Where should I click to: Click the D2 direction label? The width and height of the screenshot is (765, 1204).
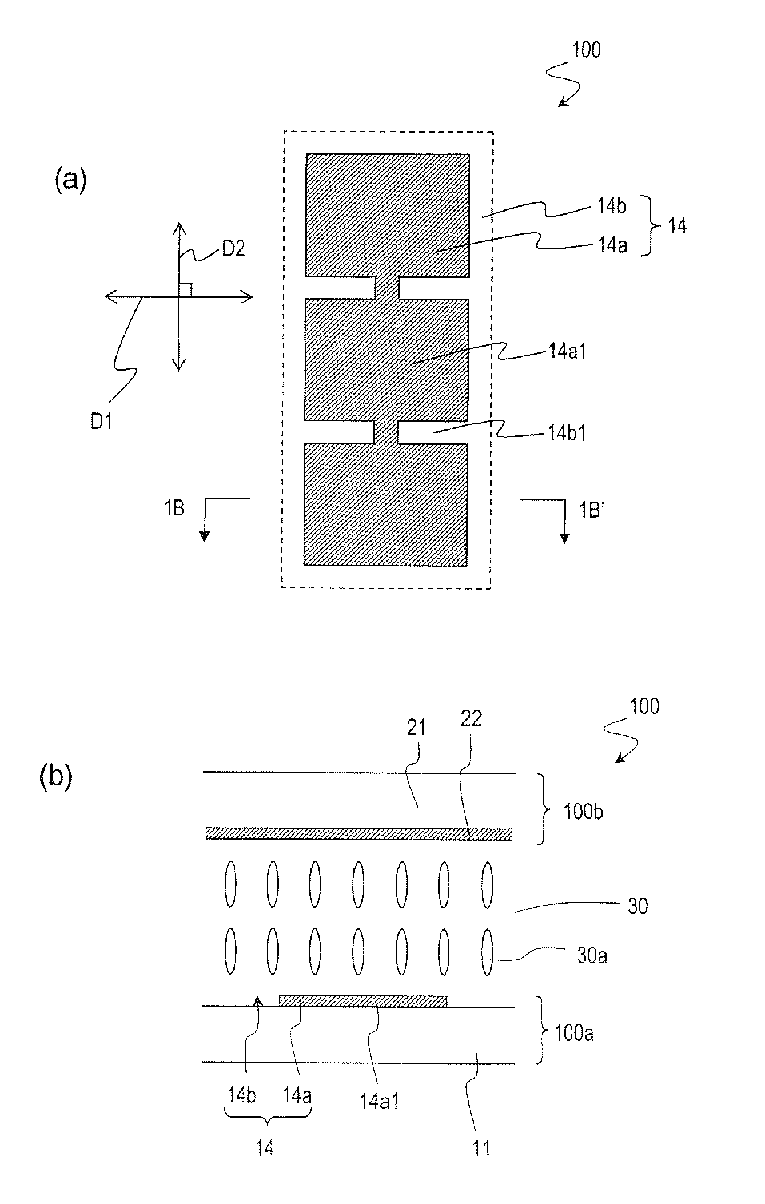click(x=233, y=249)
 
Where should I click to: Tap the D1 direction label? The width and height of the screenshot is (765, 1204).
click(x=101, y=421)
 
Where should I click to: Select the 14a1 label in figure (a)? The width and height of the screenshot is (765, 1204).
click(x=567, y=351)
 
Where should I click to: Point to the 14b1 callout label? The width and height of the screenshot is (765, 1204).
click(x=567, y=433)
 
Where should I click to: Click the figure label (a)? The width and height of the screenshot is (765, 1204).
click(x=70, y=180)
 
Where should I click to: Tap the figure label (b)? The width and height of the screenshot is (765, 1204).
click(x=56, y=778)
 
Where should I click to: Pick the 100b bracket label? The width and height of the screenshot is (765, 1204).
click(x=583, y=812)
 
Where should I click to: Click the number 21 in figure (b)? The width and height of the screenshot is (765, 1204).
click(x=416, y=728)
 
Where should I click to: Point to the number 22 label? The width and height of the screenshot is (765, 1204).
click(x=471, y=718)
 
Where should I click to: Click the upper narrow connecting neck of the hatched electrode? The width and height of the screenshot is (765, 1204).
click(x=387, y=287)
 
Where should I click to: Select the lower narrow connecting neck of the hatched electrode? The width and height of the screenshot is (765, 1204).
click(x=386, y=432)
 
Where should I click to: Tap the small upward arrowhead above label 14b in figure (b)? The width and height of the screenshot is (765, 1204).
click(x=257, y=1000)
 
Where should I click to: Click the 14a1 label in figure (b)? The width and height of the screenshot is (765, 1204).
click(x=379, y=1101)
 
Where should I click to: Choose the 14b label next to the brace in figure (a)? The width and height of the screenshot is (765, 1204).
click(x=611, y=205)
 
